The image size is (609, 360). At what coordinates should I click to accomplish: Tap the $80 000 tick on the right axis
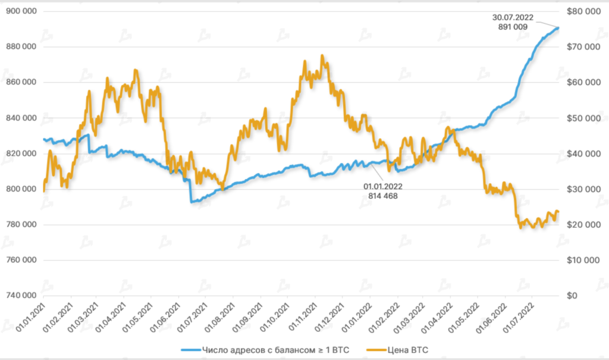[x=580, y=12]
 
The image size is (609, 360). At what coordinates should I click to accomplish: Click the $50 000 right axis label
[x=580, y=118]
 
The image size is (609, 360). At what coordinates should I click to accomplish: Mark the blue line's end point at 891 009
[x=558, y=27]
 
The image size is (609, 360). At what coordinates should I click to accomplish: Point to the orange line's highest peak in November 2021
[x=322, y=56]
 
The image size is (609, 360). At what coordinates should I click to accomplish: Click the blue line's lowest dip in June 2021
[x=192, y=202]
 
